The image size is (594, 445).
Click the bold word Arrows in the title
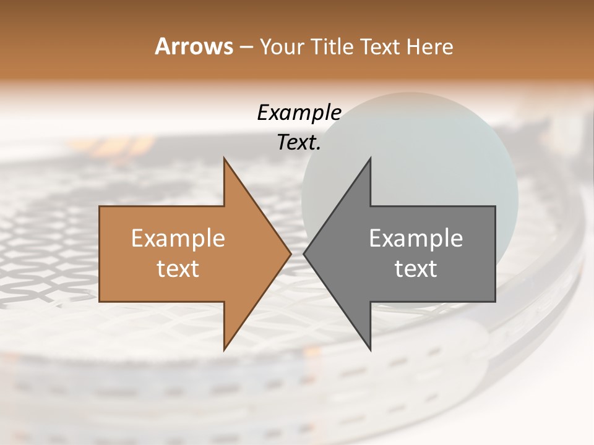(194, 46)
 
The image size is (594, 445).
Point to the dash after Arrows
(245, 48)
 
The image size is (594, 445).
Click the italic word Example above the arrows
(299, 112)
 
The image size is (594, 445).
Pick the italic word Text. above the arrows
(299, 142)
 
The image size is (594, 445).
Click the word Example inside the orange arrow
(178, 239)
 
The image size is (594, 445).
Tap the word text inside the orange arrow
(178, 269)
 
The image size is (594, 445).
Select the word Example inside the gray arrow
(416, 239)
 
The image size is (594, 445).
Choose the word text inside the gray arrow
(416, 269)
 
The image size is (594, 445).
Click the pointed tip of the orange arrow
(290, 253)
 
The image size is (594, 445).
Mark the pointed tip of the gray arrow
(304, 253)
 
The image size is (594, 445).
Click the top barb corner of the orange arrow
(225, 158)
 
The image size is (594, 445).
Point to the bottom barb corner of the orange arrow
(225, 349)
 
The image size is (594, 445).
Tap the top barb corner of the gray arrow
(370, 158)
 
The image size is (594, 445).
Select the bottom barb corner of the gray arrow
(370, 349)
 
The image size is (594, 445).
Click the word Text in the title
(380, 47)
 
